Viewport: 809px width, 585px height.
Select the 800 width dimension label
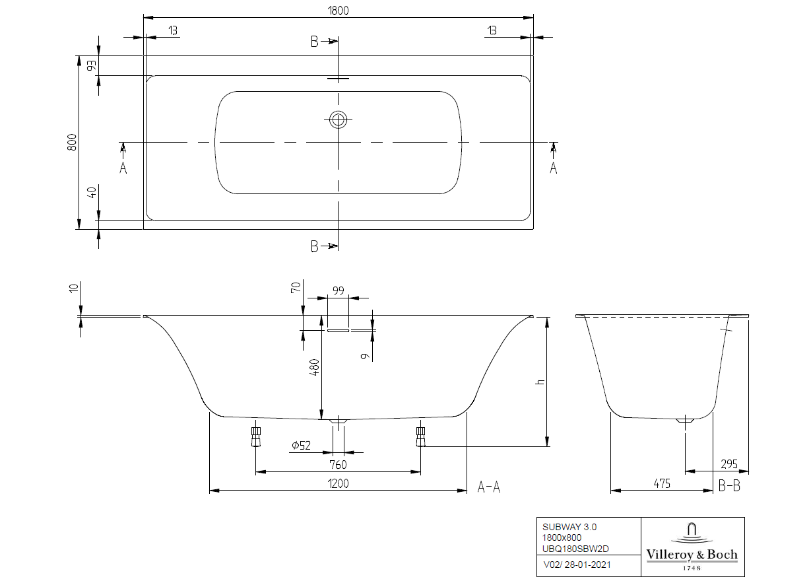[x=73, y=142]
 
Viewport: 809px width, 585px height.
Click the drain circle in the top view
[x=339, y=120]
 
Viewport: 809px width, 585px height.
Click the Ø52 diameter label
[x=301, y=446]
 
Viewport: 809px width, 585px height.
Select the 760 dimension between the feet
[x=338, y=465]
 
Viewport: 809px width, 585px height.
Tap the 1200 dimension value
[x=337, y=483]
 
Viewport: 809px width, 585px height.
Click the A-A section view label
[x=488, y=487]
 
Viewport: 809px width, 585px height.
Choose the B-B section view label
[x=729, y=487]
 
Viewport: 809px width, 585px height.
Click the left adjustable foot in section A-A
[x=256, y=436]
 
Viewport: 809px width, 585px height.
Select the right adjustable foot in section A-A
[x=420, y=436]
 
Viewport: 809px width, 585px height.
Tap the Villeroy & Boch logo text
[x=692, y=555]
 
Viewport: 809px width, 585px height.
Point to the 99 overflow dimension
[x=338, y=291]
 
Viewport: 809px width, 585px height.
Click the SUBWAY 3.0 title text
[x=569, y=527]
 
